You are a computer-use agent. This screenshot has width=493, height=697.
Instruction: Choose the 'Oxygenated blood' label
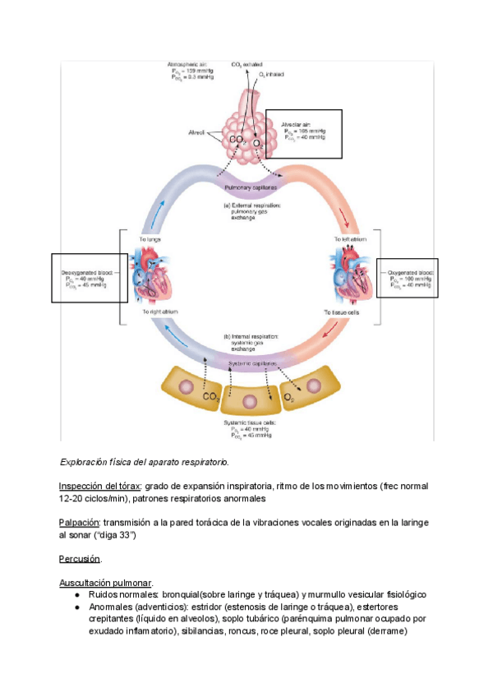tap(408, 271)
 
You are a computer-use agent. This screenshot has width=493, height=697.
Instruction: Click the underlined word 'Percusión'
tap(80, 559)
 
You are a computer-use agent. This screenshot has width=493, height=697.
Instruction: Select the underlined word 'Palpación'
tap(79, 522)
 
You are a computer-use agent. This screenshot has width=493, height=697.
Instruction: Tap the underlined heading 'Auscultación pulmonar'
tap(105, 583)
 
